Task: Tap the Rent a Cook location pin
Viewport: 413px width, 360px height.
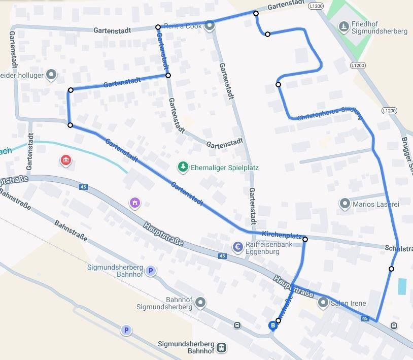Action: [x=210, y=26]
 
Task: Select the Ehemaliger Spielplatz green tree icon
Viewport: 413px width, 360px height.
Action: [x=183, y=167]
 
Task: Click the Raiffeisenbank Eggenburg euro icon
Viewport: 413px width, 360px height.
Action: [x=237, y=247]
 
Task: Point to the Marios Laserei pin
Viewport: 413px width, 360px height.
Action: [x=345, y=204]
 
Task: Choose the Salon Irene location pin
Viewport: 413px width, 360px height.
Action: [x=323, y=303]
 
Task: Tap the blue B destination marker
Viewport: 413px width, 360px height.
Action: [x=273, y=325]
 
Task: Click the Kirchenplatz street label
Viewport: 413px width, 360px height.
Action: [x=282, y=235]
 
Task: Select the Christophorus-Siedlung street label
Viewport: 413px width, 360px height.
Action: [x=330, y=113]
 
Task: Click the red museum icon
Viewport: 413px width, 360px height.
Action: [x=65, y=161]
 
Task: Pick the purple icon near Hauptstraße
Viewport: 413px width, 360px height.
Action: [x=134, y=203]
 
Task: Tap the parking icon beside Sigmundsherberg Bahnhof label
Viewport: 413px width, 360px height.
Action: [x=151, y=271]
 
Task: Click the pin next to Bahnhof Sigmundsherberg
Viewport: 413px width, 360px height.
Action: [x=201, y=303]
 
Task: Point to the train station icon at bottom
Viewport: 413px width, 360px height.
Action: [x=221, y=348]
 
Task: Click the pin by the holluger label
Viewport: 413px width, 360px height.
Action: [x=51, y=75]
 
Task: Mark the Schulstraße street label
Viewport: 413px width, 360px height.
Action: [x=399, y=248]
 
